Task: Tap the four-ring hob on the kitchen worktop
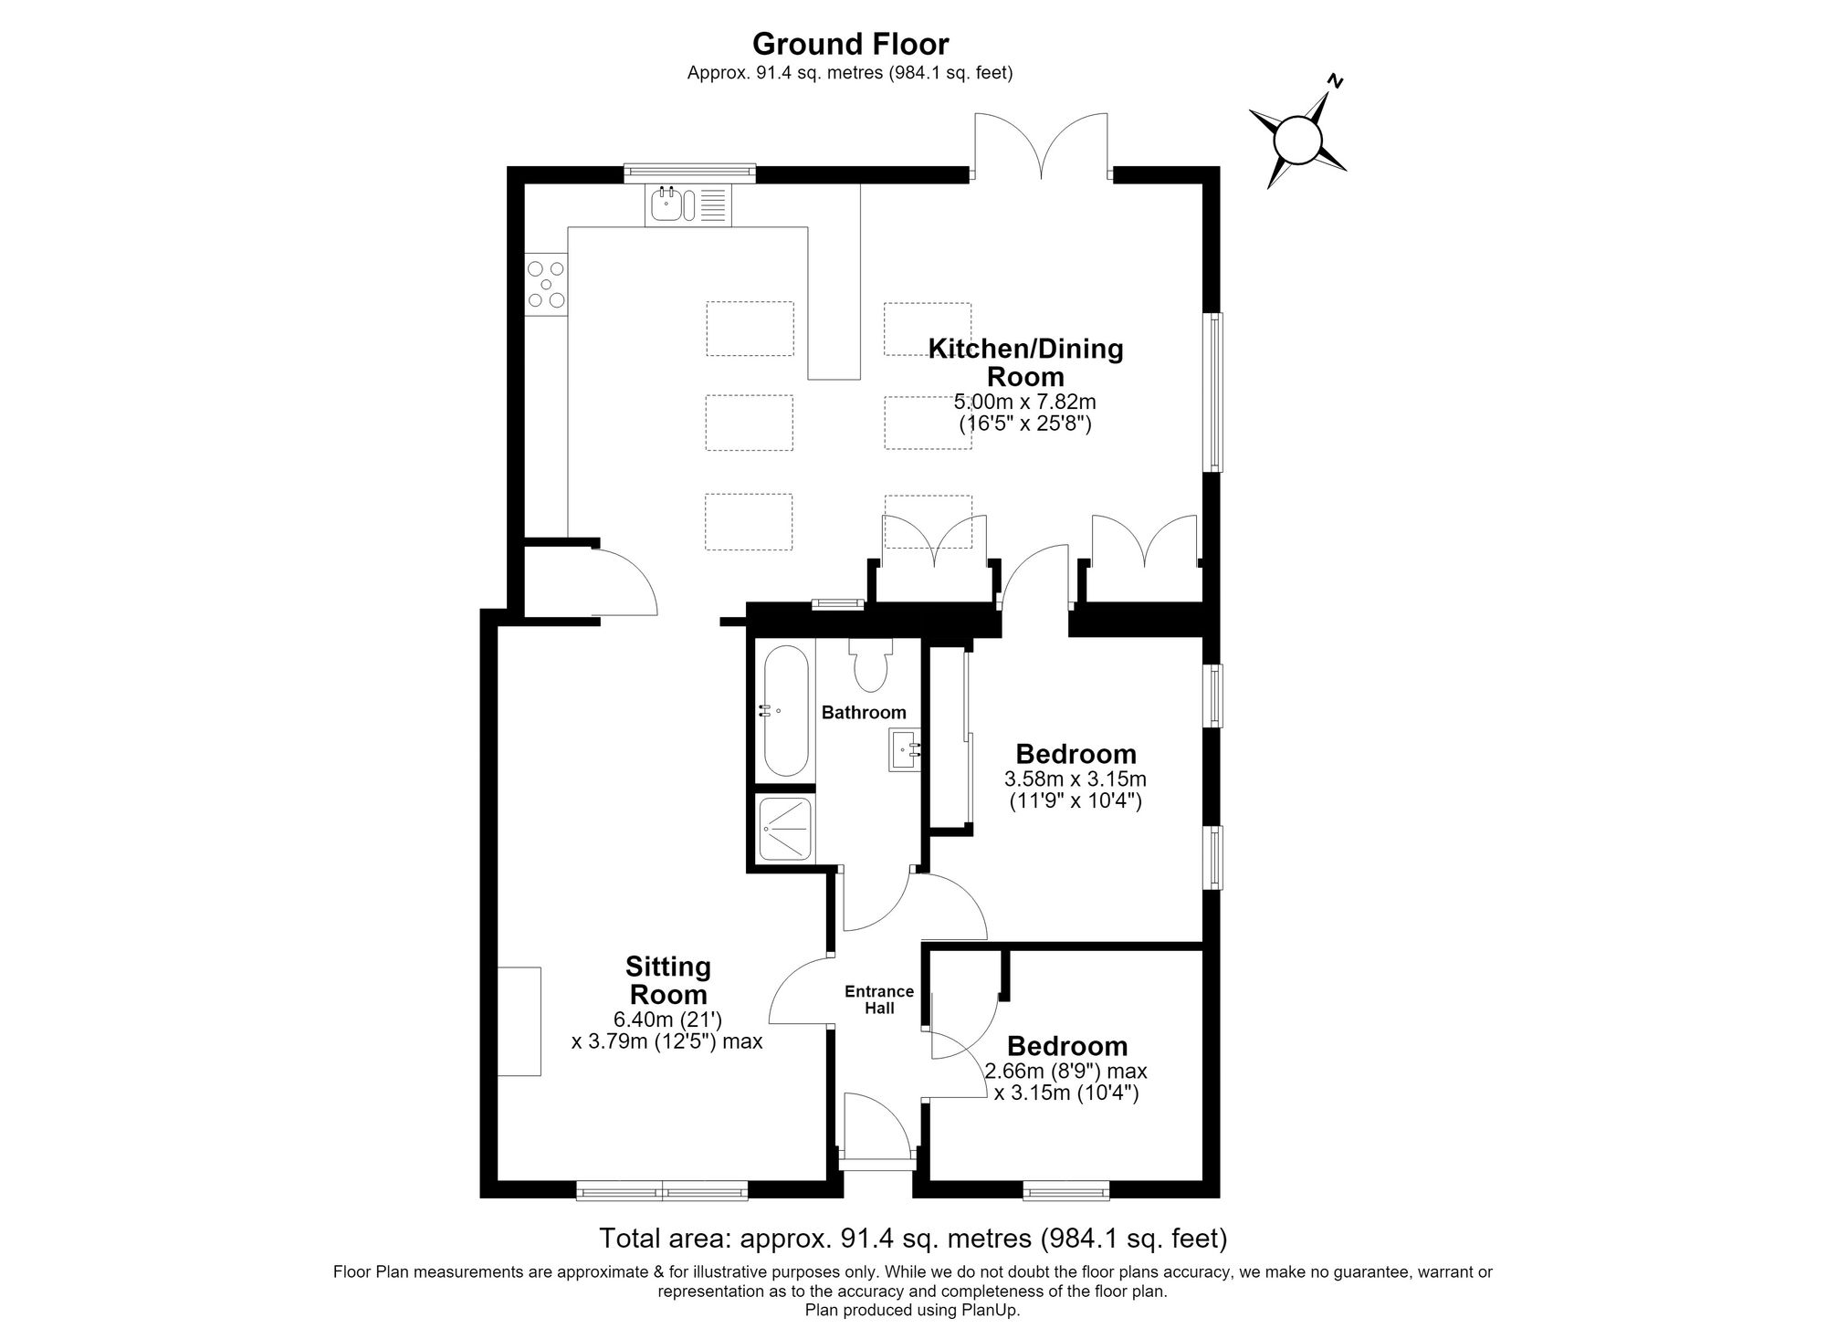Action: [546, 285]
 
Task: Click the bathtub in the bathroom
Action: [784, 711]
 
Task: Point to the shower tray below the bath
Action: [784, 829]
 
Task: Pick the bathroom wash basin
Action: [905, 751]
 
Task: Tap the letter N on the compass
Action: [1337, 81]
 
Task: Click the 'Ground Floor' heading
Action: [850, 44]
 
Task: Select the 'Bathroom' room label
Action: [864, 713]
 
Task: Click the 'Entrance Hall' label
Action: [879, 999]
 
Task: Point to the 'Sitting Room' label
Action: [668, 980]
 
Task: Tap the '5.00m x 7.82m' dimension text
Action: [1024, 402]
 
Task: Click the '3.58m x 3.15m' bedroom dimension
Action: [1076, 779]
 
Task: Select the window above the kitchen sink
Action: [689, 172]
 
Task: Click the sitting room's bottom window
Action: [662, 1190]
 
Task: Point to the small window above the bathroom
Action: [838, 602]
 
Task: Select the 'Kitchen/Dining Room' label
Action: [1025, 362]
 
